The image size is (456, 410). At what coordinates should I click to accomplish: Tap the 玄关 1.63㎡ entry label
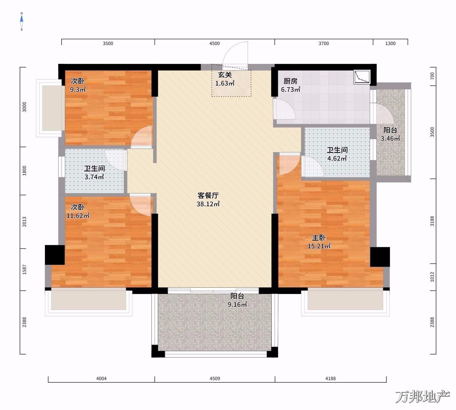coord(225,79)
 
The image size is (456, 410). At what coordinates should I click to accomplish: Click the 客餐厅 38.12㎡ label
coord(208,200)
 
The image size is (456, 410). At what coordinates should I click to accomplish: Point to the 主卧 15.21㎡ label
coord(319,242)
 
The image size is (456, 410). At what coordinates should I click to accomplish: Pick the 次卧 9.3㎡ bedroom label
coord(78,85)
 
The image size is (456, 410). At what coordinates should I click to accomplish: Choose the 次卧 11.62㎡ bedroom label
coord(78,211)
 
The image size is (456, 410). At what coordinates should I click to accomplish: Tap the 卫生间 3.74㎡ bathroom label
coord(94,173)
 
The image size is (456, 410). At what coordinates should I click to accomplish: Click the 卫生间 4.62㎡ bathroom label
coord(337,154)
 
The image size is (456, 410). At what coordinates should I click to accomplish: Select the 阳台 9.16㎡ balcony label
coord(237,300)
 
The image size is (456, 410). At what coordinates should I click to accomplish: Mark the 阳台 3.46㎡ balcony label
coord(390,134)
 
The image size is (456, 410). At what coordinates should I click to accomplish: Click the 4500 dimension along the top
coord(215,44)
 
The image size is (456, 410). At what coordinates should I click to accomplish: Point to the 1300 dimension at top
coord(390,44)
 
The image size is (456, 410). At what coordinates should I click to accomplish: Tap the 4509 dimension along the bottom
coord(215,379)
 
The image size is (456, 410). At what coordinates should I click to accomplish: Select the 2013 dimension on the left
coord(24,222)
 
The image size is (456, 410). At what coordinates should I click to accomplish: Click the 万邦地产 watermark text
coord(423,397)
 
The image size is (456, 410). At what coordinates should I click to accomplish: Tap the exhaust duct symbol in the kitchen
coord(362,77)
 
